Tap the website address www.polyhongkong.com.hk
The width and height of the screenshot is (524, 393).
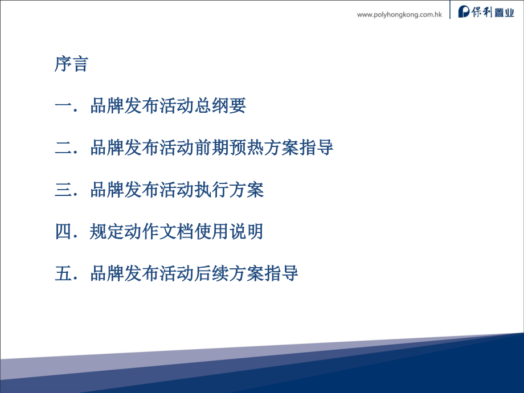click(399, 15)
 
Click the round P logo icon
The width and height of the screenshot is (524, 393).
click(464, 12)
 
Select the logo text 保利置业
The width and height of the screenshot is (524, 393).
click(493, 12)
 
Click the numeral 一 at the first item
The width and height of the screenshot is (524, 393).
click(63, 106)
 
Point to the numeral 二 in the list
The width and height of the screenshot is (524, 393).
click(63, 148)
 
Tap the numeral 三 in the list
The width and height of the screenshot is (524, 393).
click(63, 190)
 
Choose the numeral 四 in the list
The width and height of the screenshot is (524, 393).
click(63, 231)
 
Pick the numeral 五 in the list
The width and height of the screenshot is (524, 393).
click(63, 273)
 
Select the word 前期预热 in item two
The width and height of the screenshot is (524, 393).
click(229, 148)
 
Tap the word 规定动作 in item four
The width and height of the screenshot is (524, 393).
click(125, 231)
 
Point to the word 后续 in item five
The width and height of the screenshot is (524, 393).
click(212, 273)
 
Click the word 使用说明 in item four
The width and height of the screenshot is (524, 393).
click(229, 231)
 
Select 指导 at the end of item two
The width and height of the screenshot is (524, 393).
click(316, 148)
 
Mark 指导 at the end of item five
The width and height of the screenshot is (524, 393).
click(281, 273)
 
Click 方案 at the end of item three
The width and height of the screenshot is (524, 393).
click(247, 190)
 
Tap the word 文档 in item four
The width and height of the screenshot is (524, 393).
click(177, 231)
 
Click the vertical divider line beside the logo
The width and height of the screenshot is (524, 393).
click(450, 9)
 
